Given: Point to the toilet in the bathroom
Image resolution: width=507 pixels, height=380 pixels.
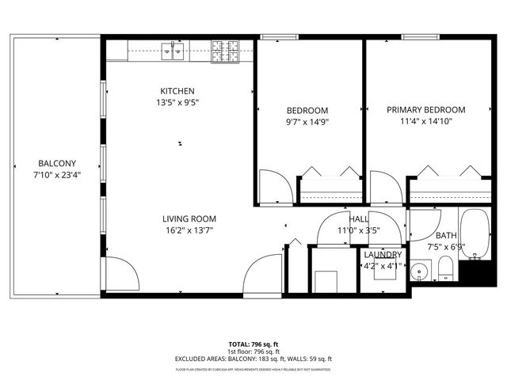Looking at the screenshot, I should [446, 269].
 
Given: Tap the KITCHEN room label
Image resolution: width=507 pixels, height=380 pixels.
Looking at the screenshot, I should [177, 91].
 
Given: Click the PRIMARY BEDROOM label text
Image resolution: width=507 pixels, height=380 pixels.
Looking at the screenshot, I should [425, 110].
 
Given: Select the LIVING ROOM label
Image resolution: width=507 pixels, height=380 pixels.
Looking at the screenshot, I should [189, 218].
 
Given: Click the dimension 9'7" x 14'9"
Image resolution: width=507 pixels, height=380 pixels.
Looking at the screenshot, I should [307, 122].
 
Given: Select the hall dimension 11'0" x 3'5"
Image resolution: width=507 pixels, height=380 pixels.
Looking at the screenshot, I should [359, 231].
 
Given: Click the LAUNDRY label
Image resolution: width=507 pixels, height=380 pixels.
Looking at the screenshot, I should [383, 254].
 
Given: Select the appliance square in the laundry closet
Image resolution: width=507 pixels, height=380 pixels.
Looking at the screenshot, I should [326, 281].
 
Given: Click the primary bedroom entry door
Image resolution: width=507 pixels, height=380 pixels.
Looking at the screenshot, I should [386, 188].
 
